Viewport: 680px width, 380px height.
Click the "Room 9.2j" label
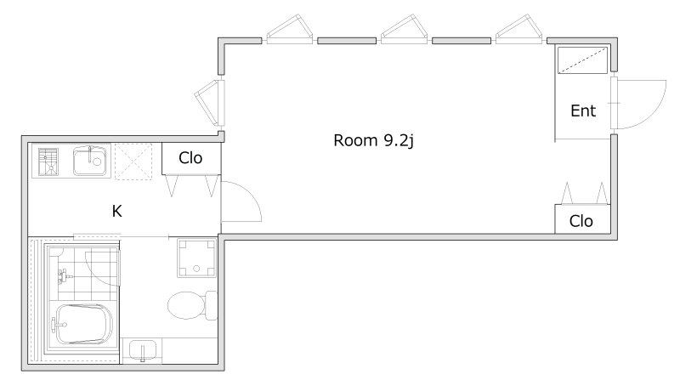click(373, 140)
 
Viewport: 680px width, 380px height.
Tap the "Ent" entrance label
click(583, 111)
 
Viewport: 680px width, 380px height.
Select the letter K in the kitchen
click(116, 212)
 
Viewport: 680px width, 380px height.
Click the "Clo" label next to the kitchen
click(190, 158)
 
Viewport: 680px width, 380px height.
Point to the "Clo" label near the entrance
click(581, 221)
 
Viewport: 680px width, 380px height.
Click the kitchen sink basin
click(90, 161)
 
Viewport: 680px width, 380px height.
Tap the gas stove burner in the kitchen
click(48, 162)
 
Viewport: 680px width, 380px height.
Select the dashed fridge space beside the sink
click(133, 162)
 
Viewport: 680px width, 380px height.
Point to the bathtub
click(82, 325)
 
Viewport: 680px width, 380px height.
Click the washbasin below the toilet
click(143, 350)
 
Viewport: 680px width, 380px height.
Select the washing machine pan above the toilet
click(196, 258)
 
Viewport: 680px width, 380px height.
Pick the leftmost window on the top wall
click(289, 30)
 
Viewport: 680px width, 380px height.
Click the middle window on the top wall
click(405, 30)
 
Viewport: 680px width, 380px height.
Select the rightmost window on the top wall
click(518, 30)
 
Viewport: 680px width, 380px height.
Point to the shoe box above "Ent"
click(582, 60)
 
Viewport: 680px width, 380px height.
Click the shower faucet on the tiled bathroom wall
click(64, 276)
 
